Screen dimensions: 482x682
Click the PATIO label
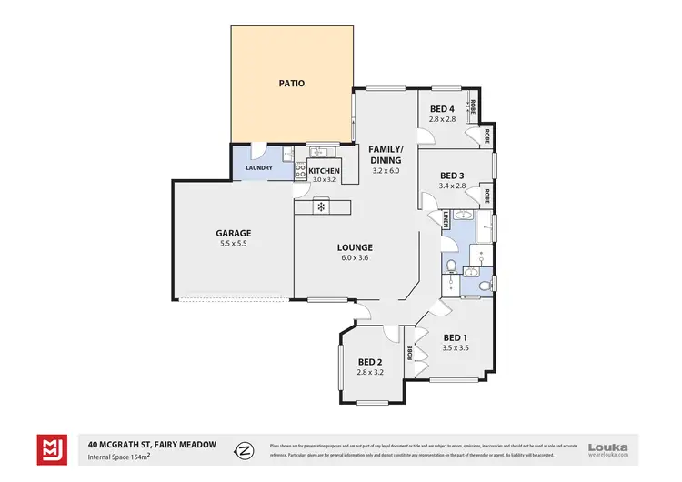291,84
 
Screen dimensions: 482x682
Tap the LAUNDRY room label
259,167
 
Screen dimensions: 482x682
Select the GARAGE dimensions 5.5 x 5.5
233,244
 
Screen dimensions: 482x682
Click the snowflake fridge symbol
321,207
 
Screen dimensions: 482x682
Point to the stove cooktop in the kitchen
300,169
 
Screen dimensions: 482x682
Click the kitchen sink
320,153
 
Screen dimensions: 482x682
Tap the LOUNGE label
355,246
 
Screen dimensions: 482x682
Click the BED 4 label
443,108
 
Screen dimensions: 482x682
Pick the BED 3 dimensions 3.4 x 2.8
452,186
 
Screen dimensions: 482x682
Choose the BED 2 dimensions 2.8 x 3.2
371,371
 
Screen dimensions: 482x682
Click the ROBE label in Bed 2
411,351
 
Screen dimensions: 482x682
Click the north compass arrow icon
244,449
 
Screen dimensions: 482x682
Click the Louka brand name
607,446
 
